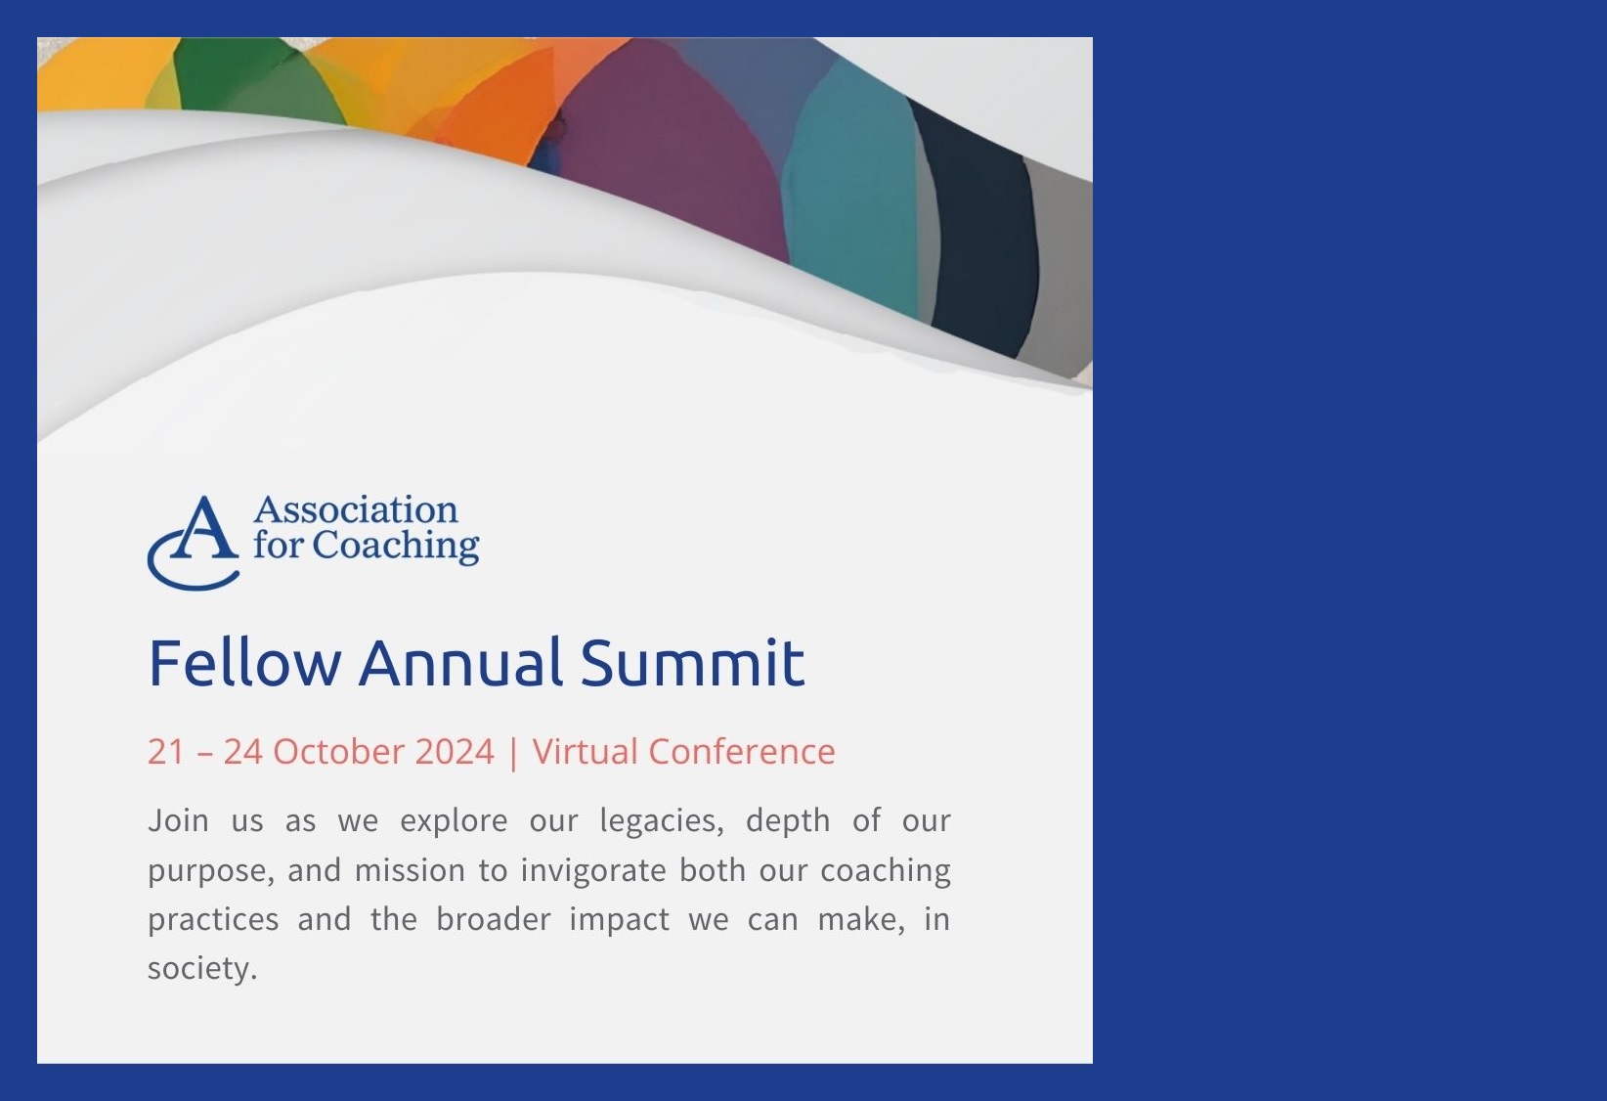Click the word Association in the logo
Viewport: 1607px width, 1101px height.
click(x=355, y=510)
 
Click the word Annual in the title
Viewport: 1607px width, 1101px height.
click(x=460, y=662)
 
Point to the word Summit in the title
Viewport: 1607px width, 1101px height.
click(x=692, y=662)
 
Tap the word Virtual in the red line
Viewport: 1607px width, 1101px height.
click(x=585, y=751)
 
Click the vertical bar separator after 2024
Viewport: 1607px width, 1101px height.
click(x=513, y=752)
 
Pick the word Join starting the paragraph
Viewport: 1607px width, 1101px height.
click(x=178, y=819)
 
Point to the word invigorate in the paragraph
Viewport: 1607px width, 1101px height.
click(x=592, y=869)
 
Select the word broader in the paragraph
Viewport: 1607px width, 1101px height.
click(x=493, y=919)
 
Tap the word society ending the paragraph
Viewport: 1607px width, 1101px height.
click(x=200, y=968)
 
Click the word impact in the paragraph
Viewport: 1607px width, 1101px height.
click(x=619, y=920)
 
